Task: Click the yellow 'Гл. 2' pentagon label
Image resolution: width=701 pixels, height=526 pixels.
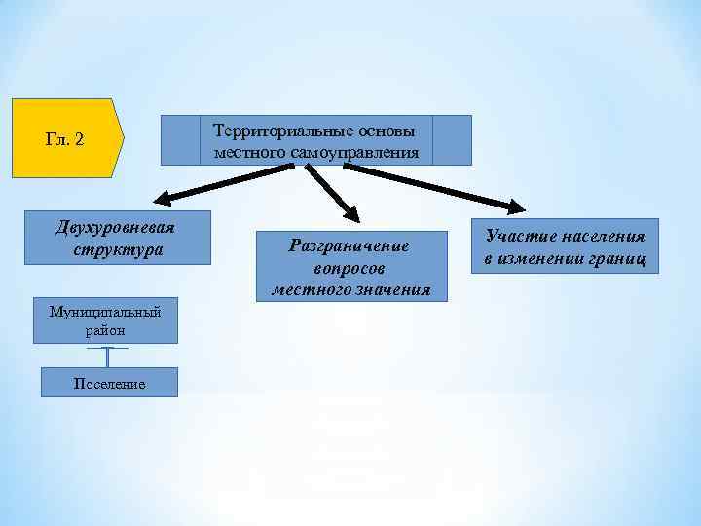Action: [x=65, y=139]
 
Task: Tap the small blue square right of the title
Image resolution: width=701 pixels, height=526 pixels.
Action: [x=451, y=140]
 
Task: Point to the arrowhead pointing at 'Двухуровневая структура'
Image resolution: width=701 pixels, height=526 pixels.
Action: [x=162, y=202]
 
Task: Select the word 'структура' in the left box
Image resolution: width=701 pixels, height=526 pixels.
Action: [x=118, y=249]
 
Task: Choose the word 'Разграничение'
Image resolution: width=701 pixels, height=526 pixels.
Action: [x=350, y=245]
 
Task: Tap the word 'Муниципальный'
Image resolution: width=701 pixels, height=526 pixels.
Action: [x=105, y=312]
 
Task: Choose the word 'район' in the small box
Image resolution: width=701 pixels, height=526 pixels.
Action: [x=105, y=331]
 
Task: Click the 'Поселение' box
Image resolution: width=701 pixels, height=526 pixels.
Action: [x=109, y=383]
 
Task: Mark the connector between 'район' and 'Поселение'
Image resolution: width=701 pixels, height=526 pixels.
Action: [x=106, y=357]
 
